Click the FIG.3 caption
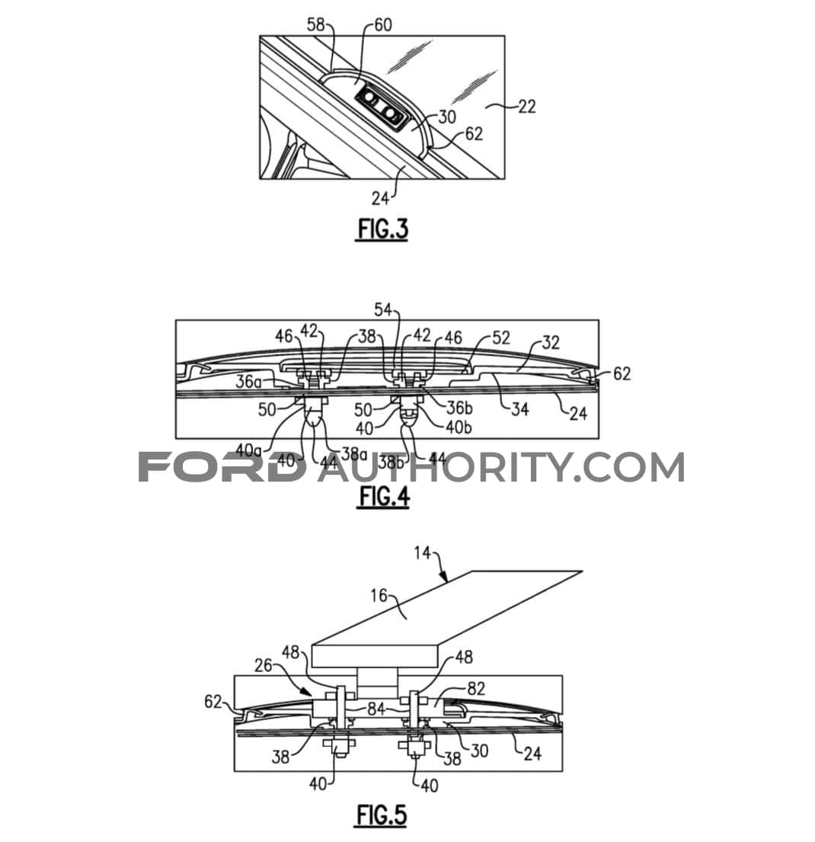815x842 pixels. pos(382,229)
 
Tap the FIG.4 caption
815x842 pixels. pos(383,495)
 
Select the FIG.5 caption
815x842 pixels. pos(382,815)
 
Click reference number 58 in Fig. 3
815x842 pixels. pos(316,24)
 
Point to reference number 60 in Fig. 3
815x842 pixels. pos(383,24)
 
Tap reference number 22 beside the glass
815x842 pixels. pos(526,107)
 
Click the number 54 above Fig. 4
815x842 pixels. pos(383,310)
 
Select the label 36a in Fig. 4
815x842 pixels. pos(249,382)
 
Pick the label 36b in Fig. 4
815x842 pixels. pos(459,408)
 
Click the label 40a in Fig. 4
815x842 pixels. pos(248,450)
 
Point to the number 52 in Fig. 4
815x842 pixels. pos(501,338)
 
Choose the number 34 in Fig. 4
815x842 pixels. pos(519,409)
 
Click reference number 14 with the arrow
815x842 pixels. pos(423,552)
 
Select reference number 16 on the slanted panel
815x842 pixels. pos(379,596)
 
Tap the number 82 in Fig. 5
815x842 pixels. pos(476,688)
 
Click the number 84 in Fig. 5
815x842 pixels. pos(376,709)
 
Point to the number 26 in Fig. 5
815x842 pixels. pos(264,666)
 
